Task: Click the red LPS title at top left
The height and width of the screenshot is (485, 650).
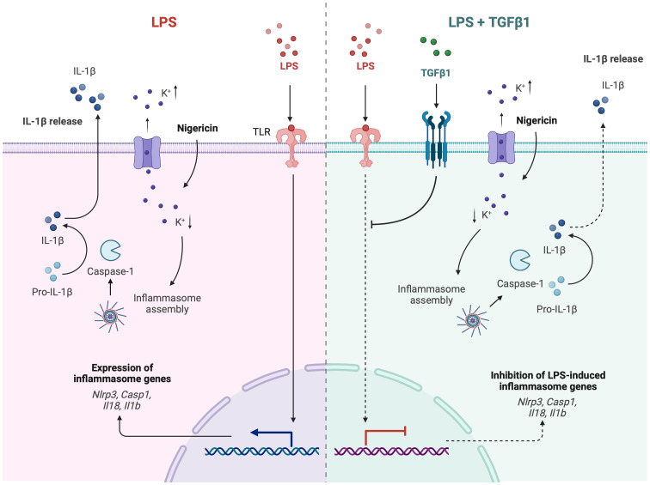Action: pyautogui.click(x=164, y=22)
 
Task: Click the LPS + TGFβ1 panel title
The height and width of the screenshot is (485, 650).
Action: pyautogui.click(x=489, y=22)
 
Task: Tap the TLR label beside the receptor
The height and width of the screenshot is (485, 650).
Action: pyautogui.click(x=261, y=132)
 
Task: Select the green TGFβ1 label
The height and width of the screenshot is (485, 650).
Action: pyautogui.click(x=435, y=73)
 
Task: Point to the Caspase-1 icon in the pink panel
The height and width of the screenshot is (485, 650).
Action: pyautogui.click(x=110, y=251)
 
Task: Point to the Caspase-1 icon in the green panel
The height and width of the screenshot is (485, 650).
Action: pyautogui.click(x=519, y=259)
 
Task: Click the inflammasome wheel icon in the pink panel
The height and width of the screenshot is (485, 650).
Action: pyautogui.click(x=110, y=317)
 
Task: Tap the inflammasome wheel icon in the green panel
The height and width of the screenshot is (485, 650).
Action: pyautogui.click(x=472, y=320)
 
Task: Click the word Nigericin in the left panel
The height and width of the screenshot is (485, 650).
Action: pyautogui.click(x=198, y=128)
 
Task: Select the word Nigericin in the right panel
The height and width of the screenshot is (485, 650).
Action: pyautogui.click(x=537, y=120)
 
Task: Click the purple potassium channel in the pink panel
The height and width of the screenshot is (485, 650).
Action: pyautogui.click(x=147, y=153)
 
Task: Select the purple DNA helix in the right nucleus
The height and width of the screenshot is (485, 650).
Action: pyautogui.click(x=391, y=451)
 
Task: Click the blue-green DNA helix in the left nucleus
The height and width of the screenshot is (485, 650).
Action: pyautogui.click(x=262, y=451)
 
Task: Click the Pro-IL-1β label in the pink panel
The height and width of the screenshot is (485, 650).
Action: pyautogui.click(x=52, y=292)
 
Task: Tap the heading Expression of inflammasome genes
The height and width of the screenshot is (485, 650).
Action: pyautogui.click(x=122, y=373)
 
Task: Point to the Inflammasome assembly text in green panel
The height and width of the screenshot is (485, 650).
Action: pyautogui.click(x=431, y=294)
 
